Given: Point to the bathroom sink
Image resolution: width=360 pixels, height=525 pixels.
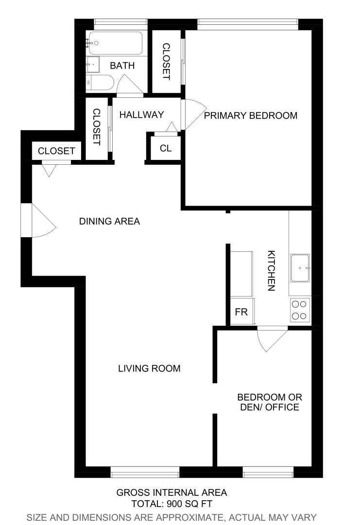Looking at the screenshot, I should click(93, 64).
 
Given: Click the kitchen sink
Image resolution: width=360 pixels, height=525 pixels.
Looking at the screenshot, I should click(300, 268).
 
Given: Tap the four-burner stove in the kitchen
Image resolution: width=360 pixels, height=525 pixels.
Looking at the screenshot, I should click(300, 310).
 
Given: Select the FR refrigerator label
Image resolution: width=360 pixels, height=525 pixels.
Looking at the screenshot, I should click(241, 312).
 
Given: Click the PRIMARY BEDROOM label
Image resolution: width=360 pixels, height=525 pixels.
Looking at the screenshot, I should click(250, 116).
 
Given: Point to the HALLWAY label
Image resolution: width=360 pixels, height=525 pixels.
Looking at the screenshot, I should click(142, 115).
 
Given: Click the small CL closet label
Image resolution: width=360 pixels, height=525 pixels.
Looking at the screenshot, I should click(166, 148).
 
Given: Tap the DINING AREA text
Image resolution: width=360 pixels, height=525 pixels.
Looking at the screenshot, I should click(109, 222).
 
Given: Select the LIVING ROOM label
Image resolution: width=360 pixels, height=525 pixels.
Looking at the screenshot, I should click(149, 368).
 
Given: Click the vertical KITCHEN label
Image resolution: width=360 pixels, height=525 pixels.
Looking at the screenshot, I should click(272, 270).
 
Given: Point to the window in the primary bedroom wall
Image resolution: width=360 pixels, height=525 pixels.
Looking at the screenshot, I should click(247, 21).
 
